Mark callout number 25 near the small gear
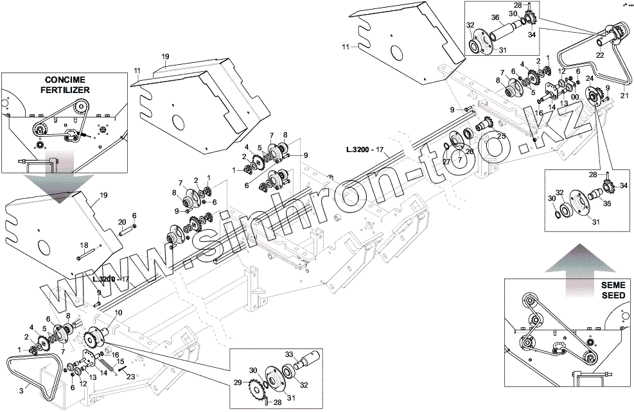[x=501, y=137]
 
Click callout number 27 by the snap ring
[x=445, y=162]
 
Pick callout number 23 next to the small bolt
[x=131, y=378]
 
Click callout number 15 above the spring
[x=120, y=361]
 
